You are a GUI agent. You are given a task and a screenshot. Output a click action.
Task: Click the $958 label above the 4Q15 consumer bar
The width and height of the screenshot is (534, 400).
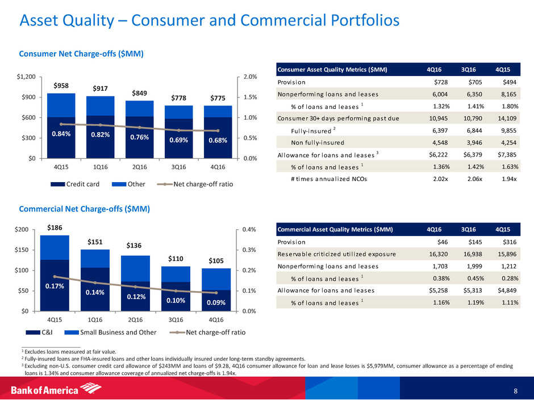(61, 86)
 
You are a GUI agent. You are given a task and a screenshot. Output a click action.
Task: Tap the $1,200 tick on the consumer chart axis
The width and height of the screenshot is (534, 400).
(26, 77)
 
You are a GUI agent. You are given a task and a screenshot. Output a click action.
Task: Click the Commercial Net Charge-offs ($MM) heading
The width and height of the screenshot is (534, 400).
(83, 209)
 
